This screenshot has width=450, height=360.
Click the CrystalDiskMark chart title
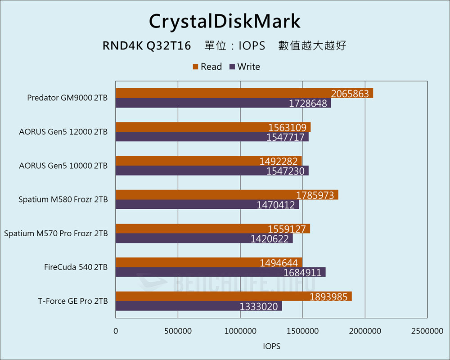point(225,21)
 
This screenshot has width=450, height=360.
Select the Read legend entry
point(207,67)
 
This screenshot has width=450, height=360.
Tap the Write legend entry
point(245,67)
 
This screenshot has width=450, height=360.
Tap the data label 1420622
point(270,239)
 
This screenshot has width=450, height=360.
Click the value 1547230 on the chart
point(285,171)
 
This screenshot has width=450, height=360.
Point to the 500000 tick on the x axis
point(178,331)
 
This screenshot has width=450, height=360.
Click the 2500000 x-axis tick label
point(427,331)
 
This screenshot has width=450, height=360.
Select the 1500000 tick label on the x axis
point(302,331)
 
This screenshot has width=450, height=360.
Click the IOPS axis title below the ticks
point(271,346)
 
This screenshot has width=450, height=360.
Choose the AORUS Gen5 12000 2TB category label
point(63,132)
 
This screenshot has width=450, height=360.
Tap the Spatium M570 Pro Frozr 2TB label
point(56,234)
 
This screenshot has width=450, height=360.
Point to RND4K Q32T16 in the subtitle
point(147,45)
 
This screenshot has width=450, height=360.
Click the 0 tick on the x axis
point(116,331)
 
